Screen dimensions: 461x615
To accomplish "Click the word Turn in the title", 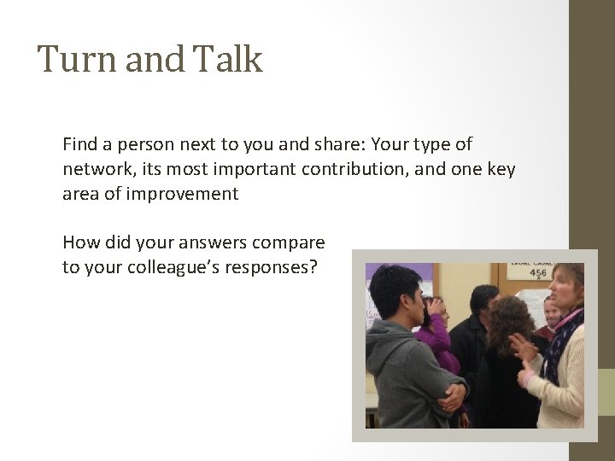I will pyautogui.click(x=68, y=60).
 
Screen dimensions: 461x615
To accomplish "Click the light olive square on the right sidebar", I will pyautogui.click(x=605, y=392).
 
